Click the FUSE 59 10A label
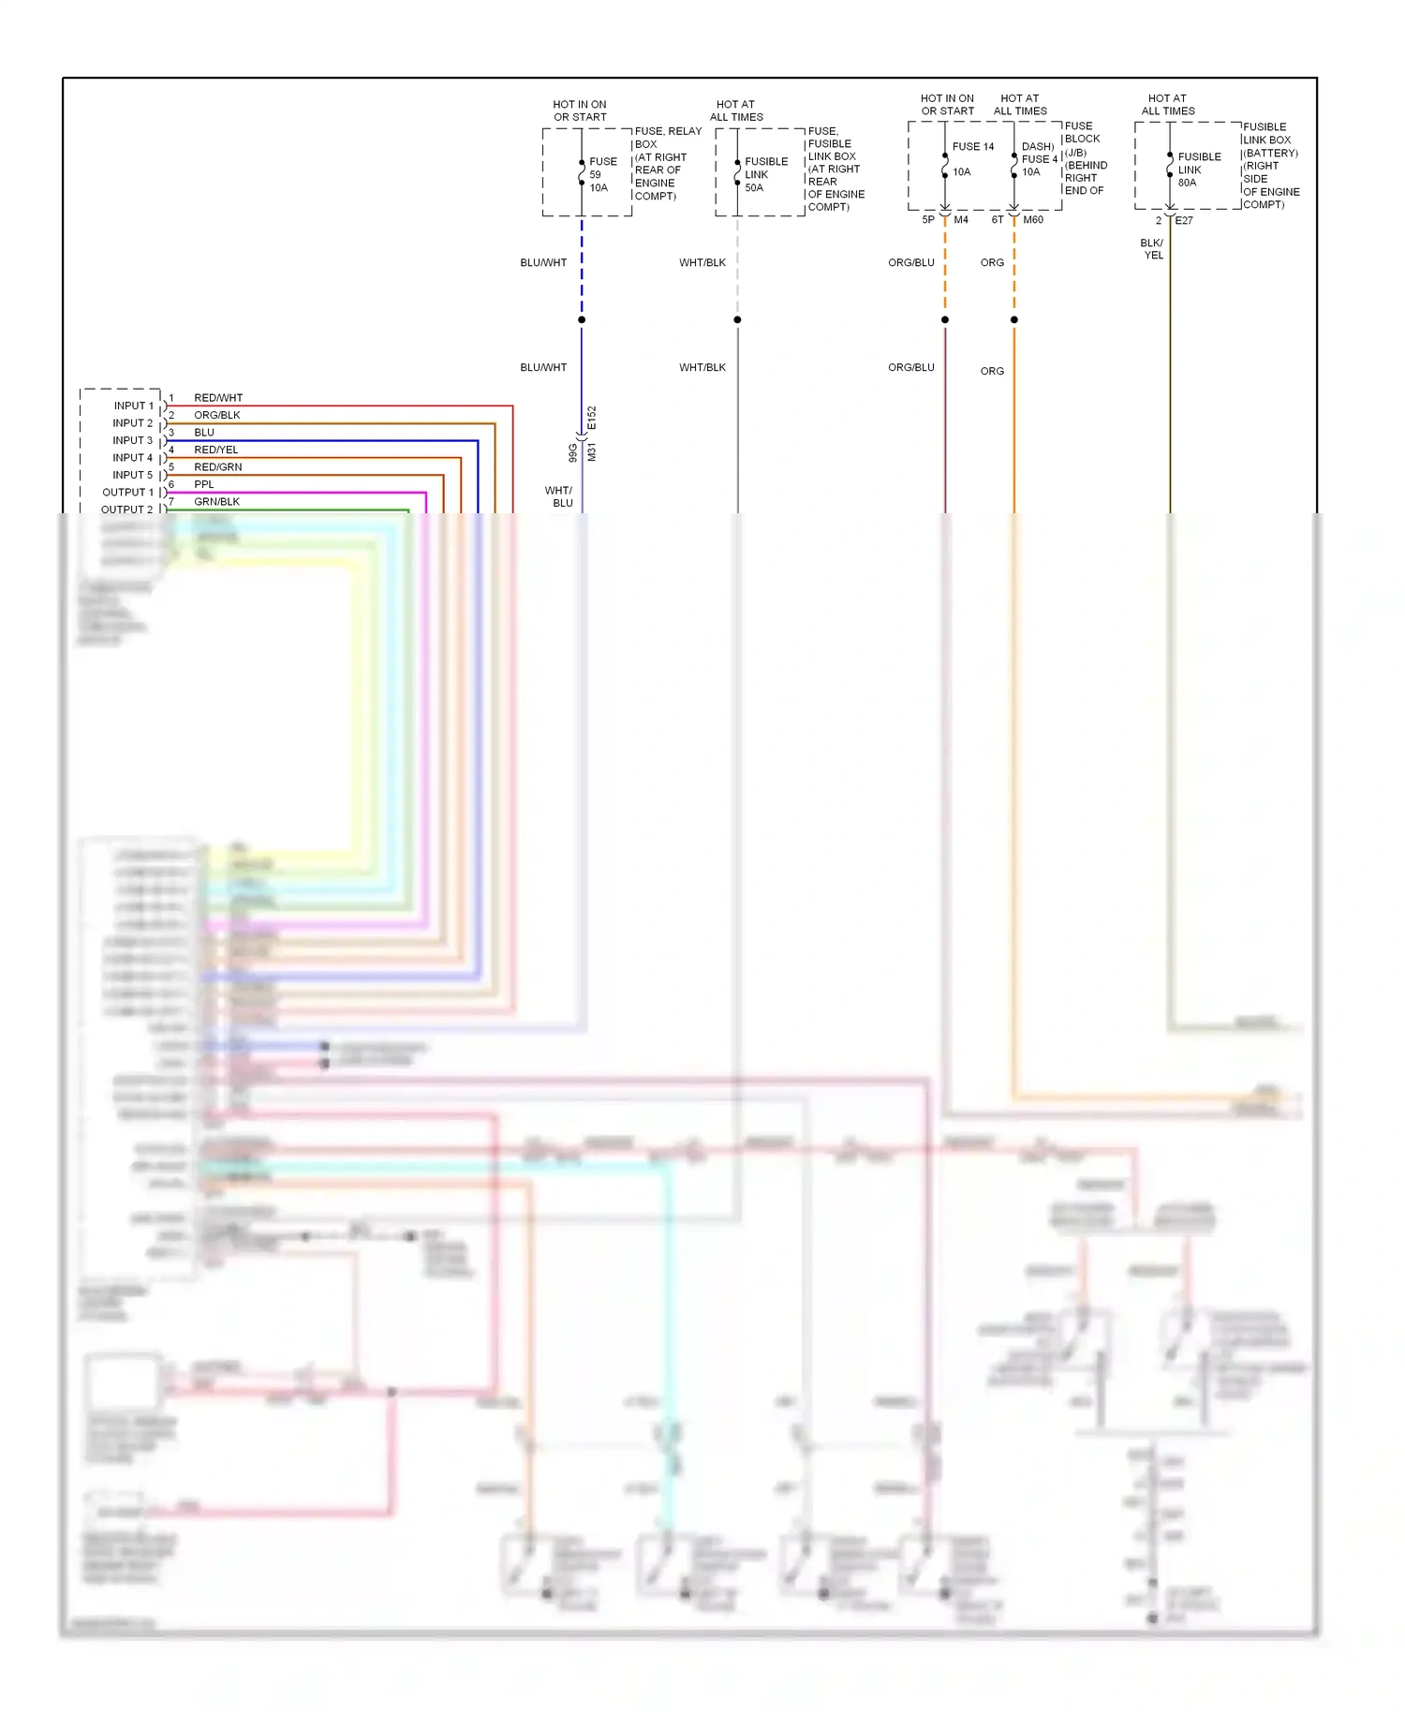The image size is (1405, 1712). tap(601, 175)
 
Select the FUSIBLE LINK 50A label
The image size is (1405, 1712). tap(765, 175)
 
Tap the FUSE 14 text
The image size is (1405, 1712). tap(973, 147)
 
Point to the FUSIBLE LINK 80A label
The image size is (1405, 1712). tap(1198, 170)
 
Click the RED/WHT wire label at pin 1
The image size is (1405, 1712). tap(217, 398)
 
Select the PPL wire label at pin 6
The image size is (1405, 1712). tap(204, 484)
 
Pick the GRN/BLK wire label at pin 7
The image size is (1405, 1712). tap(216, 502)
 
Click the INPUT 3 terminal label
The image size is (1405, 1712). tap(132, 440)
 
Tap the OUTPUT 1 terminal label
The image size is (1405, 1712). tap(127, 493)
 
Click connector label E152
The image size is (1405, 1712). tap(592, 418)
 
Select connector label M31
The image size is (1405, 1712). tap(592, 452)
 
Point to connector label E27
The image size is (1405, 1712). tap(1184, 221)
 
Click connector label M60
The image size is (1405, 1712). tap(1033, 220)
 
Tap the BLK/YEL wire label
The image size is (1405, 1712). tap(1152, 249)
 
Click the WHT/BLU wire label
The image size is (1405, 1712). tap(559, 496)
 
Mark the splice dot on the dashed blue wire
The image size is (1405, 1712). tap(582, 320)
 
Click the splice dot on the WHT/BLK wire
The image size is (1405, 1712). tap(737, 320)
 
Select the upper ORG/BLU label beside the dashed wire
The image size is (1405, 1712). tap(910, 263)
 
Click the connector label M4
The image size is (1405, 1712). tap(961, 220)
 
